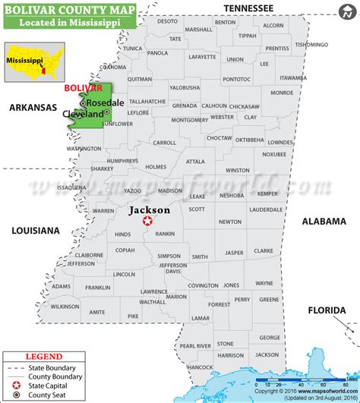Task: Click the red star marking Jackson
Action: [148, 222]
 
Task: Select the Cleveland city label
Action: [83, 113]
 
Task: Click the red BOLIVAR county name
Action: [83, 88]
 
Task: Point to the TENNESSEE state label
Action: [248, 8]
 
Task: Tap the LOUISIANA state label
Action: [35, 230]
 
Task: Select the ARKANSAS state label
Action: [33, 108]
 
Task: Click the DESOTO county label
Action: [167, 21]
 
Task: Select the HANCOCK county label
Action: [200, 367]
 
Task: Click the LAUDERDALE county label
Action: [265, 209]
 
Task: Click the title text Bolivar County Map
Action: [69, 8]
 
